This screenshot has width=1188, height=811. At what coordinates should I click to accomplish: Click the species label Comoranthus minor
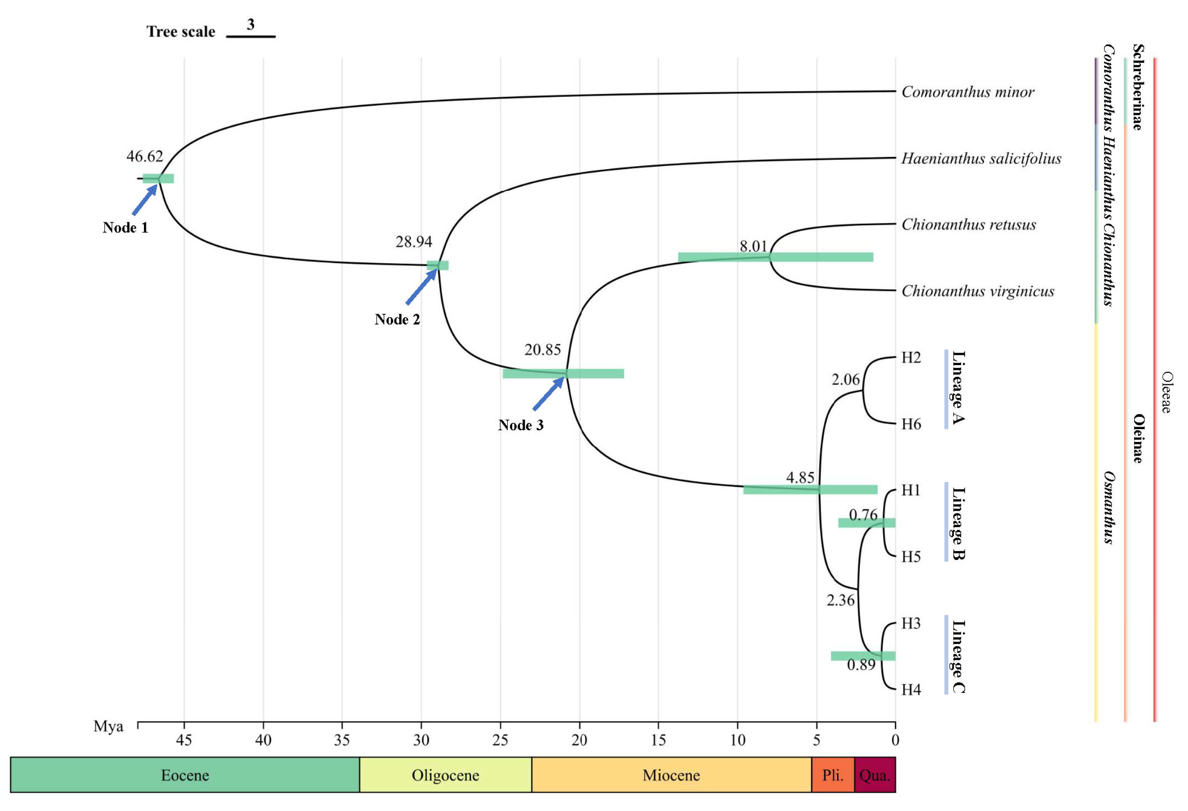967,92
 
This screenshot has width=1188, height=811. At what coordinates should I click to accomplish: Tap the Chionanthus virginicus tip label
977,291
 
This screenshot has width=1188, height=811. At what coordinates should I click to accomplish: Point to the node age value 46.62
145,157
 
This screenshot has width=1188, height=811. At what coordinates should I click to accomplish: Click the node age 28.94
414,242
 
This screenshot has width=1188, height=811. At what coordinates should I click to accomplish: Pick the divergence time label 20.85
542,350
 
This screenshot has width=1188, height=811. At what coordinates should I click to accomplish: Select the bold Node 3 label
520,426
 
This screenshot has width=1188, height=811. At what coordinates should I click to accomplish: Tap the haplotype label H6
911,424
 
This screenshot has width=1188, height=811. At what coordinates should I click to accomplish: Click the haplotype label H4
911,690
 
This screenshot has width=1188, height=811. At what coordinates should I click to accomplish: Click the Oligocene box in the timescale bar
445,775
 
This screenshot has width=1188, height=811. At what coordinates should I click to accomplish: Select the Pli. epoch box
833,775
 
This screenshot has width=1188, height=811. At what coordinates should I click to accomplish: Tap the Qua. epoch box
875,775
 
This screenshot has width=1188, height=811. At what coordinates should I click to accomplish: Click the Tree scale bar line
251,37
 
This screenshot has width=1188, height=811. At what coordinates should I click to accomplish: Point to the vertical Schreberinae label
1137,87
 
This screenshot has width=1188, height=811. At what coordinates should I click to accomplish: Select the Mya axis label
108,727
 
